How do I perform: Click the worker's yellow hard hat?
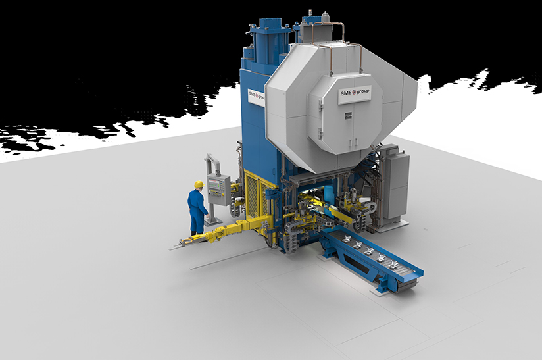[x=199, y=184]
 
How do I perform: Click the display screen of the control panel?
[x=215, y=185]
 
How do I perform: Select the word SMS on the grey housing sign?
[x=345, y=93]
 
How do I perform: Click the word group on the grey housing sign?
[x=362, y=91]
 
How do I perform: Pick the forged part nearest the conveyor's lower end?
[x=393, y=265]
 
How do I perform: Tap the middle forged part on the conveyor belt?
[x=368, y=251]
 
